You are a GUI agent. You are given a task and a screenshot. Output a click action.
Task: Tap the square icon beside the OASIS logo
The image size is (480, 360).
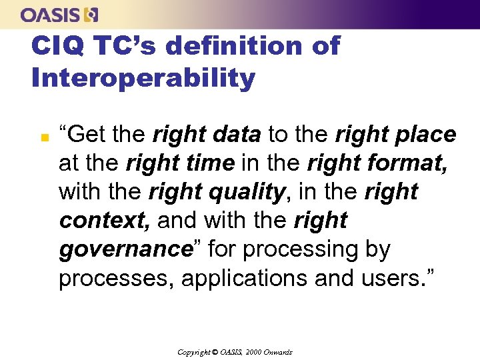93,14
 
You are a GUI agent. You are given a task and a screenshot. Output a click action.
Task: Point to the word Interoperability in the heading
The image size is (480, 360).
143,78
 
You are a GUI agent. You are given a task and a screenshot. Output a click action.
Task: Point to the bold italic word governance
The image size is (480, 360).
125,249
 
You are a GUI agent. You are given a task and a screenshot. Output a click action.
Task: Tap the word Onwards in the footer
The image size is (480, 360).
279,352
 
